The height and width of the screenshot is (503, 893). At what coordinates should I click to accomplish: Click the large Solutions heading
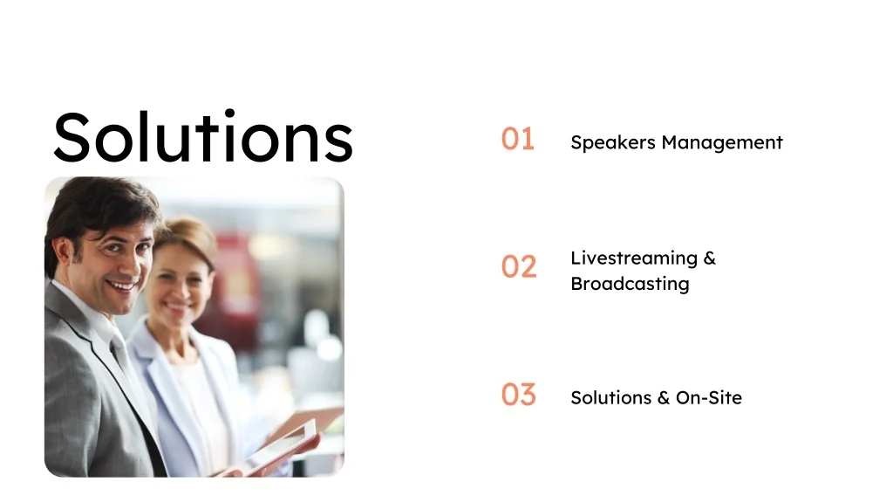(203, 136)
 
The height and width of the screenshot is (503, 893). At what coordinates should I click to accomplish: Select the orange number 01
(518, 139)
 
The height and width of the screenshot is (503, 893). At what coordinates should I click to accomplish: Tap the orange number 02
(519, 266)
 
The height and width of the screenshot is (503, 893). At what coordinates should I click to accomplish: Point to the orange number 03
(519, 394)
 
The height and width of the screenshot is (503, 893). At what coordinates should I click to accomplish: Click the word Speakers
(613, 142)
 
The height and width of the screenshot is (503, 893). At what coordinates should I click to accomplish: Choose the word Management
(722, 142)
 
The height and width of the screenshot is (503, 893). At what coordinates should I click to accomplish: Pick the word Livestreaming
(634, 258)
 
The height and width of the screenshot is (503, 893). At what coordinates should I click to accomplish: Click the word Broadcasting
(630, 284)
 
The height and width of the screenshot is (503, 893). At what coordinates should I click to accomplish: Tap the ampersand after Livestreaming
(710, 258)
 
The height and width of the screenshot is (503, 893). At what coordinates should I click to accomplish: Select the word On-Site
(709, 397)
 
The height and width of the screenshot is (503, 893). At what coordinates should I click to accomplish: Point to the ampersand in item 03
(664, 397)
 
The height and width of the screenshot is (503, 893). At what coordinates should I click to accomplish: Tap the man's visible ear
(64, 254)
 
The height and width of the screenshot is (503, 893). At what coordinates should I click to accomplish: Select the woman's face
(180, 281)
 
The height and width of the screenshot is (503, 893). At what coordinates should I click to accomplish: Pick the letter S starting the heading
(72, 137)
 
